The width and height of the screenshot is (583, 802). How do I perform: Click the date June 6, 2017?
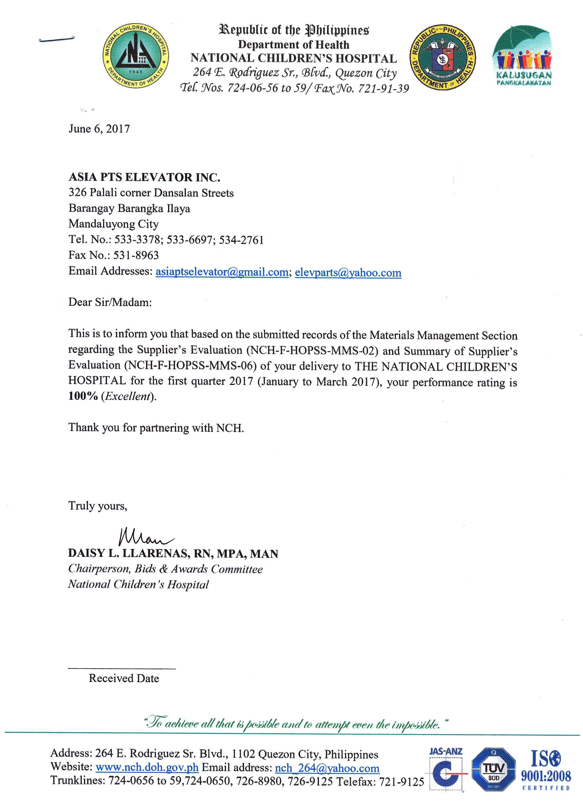[99, 128]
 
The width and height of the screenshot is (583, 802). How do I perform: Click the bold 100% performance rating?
[83, 396]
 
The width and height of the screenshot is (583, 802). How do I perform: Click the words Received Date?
[124, 678]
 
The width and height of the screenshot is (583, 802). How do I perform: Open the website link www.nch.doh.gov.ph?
[147, 768]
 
